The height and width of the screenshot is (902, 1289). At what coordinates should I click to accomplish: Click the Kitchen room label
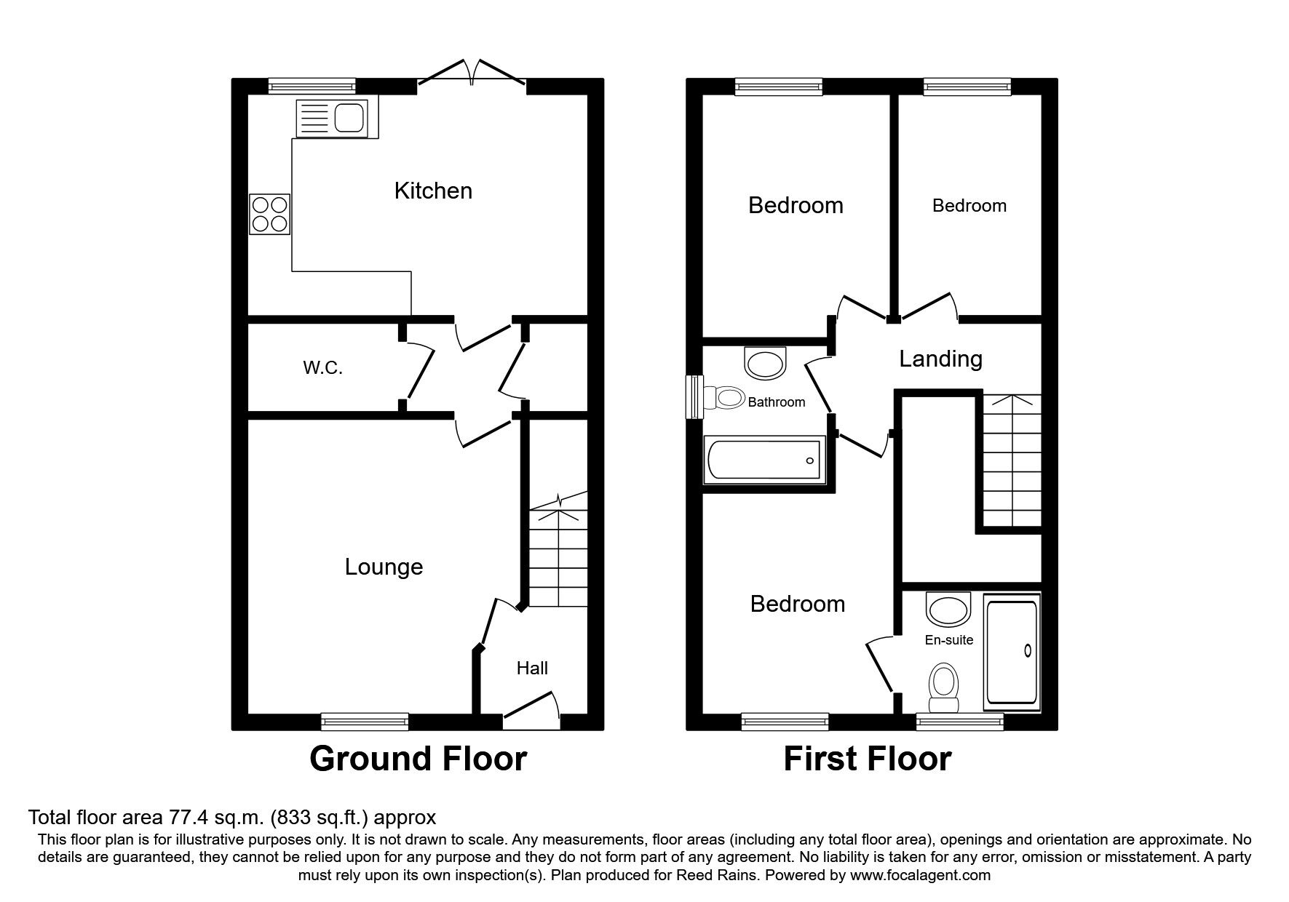pyautogui.click(x=433, y=191)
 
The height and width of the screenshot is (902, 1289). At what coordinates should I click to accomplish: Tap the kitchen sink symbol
pyautogui.click(x=333, y=118)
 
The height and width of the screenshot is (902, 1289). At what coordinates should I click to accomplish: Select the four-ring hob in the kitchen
pyautogui.click(x=269, y=214)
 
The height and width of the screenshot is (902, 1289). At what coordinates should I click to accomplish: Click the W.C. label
pyautogui.click(x=322, y=368)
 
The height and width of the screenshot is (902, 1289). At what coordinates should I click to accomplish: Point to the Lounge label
pyautogui.click(x=384, y=567)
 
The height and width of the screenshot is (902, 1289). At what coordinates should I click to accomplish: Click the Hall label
pyautogui.click(x=532, y=668)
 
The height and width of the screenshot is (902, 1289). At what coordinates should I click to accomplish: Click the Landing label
pyautogui.click(x=940, y=359)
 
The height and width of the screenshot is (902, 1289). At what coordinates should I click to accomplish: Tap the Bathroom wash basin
pyautogui.click(x=766, y=362)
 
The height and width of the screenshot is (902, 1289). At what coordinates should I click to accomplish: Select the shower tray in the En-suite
pyautogui.click(x=1012, y=652)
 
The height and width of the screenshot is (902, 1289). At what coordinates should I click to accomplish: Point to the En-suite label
pyautogui.click(x=949, y=640)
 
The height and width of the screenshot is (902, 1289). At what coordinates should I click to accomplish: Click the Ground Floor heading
pyautogui.click(x=418, y=759)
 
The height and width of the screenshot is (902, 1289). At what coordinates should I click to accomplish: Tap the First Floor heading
pyautogui.click(x=867, y=759)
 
